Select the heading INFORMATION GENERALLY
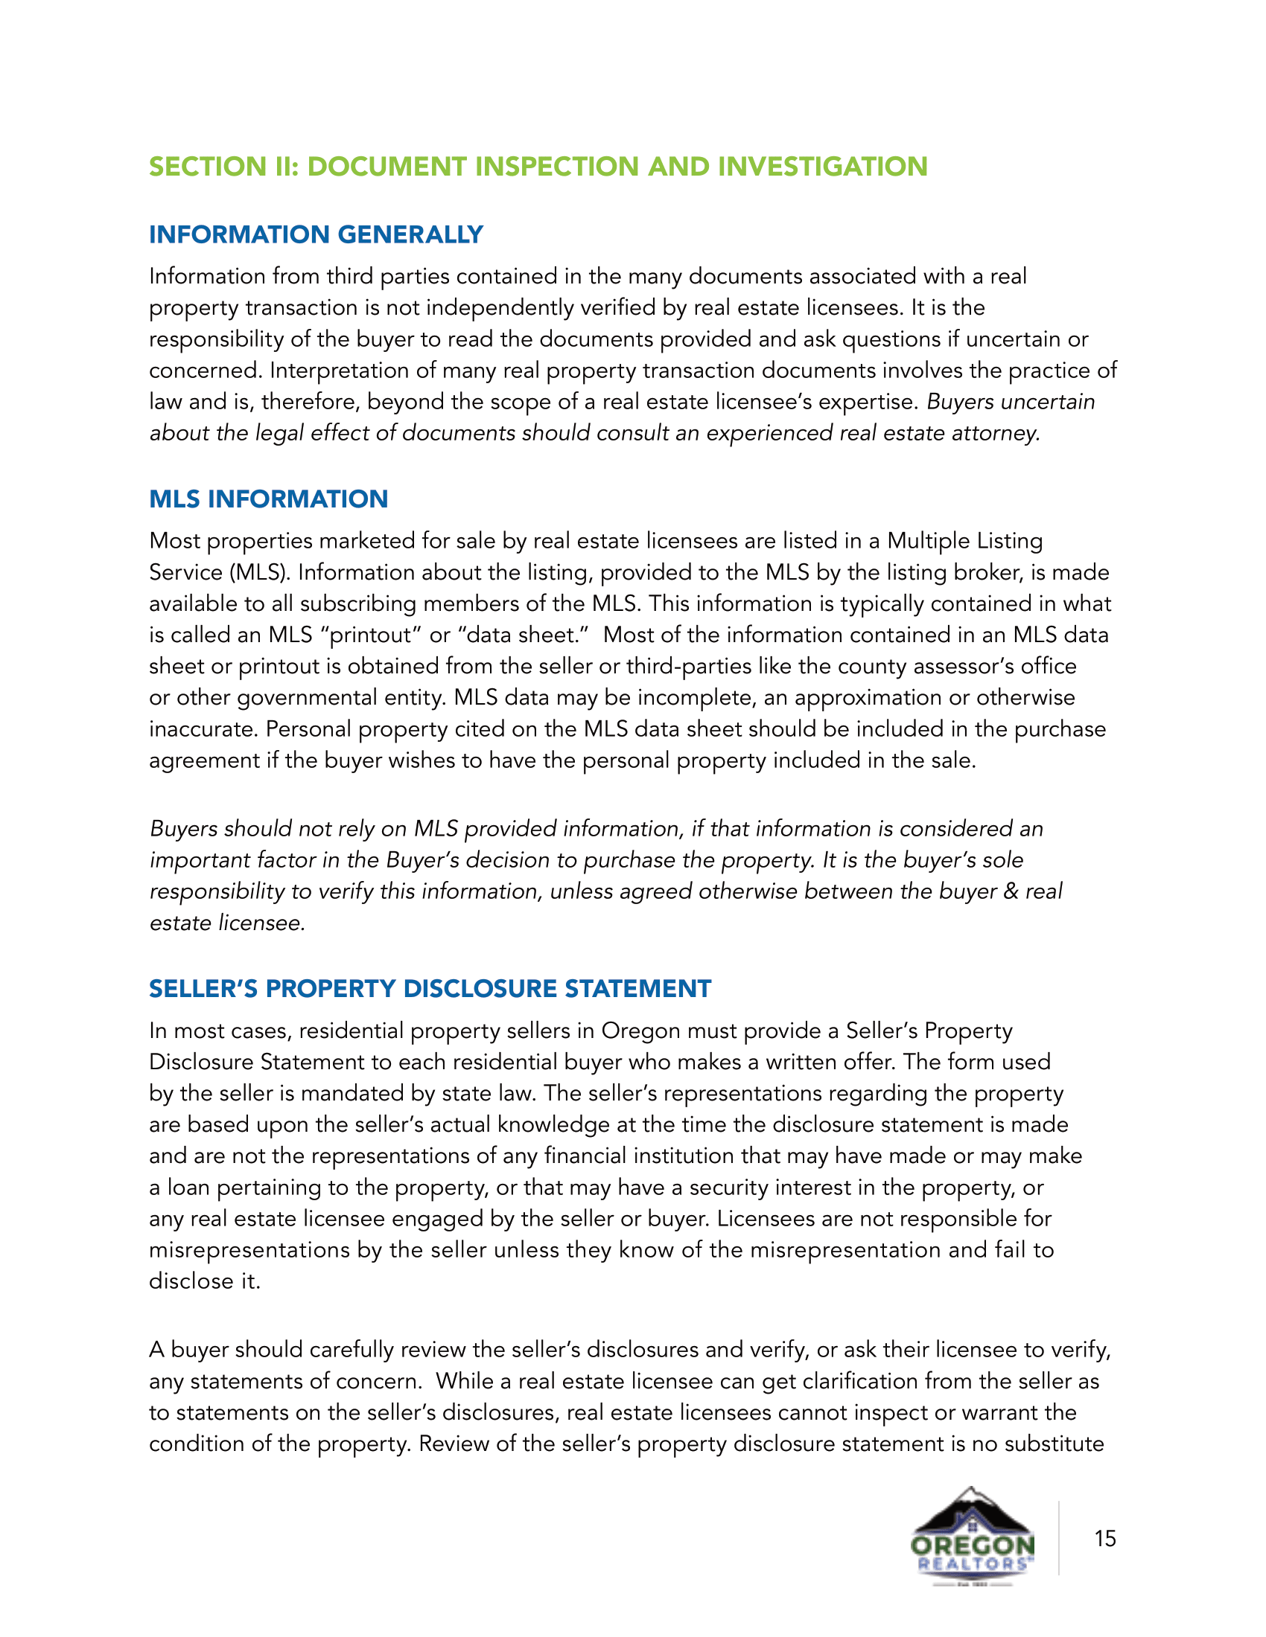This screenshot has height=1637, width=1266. tap(316, 234)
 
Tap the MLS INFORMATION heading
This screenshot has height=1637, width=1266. tap(269, 499)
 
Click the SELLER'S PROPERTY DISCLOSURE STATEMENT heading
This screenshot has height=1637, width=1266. tap(430, 989)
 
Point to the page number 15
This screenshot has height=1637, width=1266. tap(1104, 1539)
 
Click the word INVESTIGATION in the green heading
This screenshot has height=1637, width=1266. tap(822, 167)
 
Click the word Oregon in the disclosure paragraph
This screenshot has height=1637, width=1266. tap(638, 1031)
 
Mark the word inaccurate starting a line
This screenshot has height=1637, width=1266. tap(203, 729)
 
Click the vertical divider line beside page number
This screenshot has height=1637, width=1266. tap(1059, 1537)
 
